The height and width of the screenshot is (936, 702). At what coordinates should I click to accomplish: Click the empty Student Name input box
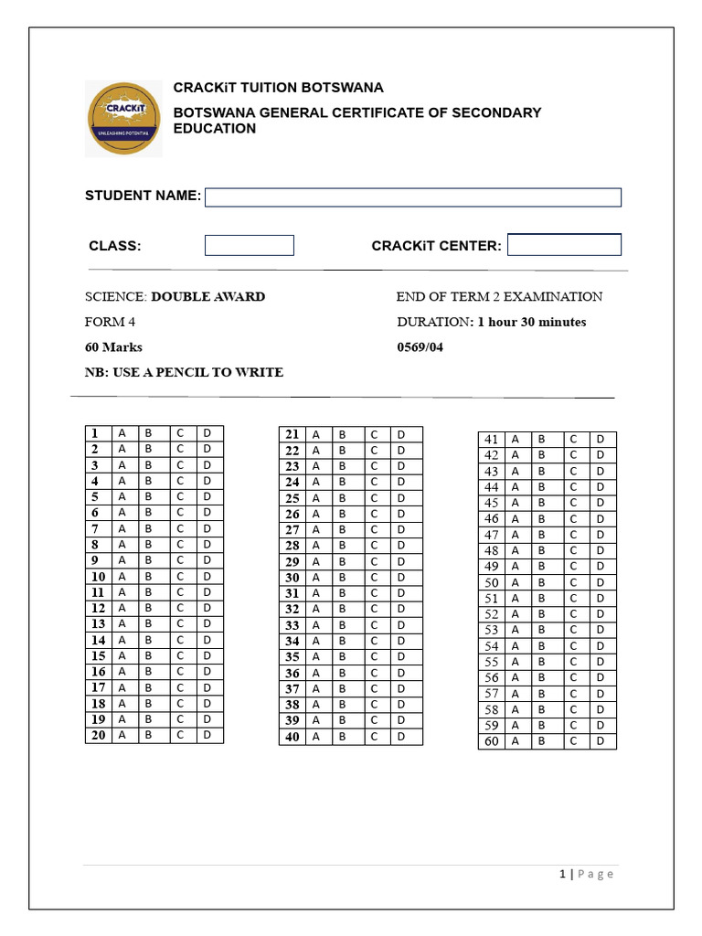(412, 197)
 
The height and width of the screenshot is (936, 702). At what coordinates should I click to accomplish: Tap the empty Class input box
(249, 245)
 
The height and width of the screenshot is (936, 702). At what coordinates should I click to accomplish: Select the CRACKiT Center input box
(564, 245)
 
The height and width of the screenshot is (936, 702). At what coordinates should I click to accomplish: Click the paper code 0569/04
(420, 347)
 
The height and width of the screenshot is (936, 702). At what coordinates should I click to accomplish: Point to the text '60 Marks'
(113, 347)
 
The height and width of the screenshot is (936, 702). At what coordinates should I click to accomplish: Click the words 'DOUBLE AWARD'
(208, 297)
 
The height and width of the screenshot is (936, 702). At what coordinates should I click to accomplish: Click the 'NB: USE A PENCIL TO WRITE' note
(184, 372)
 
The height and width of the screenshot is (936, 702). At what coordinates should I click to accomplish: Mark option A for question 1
(122, 433)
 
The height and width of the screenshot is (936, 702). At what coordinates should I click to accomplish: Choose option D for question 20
(207, 735)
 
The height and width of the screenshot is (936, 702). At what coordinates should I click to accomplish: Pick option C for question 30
(374, 578)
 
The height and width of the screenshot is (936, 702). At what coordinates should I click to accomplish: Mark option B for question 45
(541, 503)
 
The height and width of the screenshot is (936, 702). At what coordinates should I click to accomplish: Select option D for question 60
(601, 741)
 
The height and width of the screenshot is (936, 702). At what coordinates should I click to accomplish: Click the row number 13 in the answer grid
(98, 623)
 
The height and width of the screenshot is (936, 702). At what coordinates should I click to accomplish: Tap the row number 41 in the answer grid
(492, 440)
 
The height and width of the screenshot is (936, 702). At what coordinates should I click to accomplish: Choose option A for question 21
(316, 434)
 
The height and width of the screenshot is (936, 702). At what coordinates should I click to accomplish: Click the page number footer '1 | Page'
(586, 874)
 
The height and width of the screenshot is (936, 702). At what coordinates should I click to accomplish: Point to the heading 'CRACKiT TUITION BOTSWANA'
(279, 88)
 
